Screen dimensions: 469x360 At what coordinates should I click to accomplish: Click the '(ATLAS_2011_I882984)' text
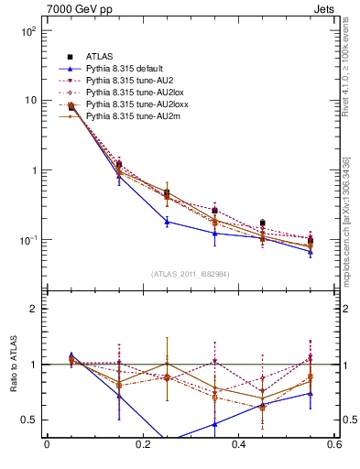pos(191,274)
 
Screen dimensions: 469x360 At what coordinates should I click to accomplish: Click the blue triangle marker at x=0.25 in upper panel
pos(167,222)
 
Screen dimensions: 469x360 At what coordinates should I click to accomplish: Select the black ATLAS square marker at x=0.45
pos(263,223)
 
